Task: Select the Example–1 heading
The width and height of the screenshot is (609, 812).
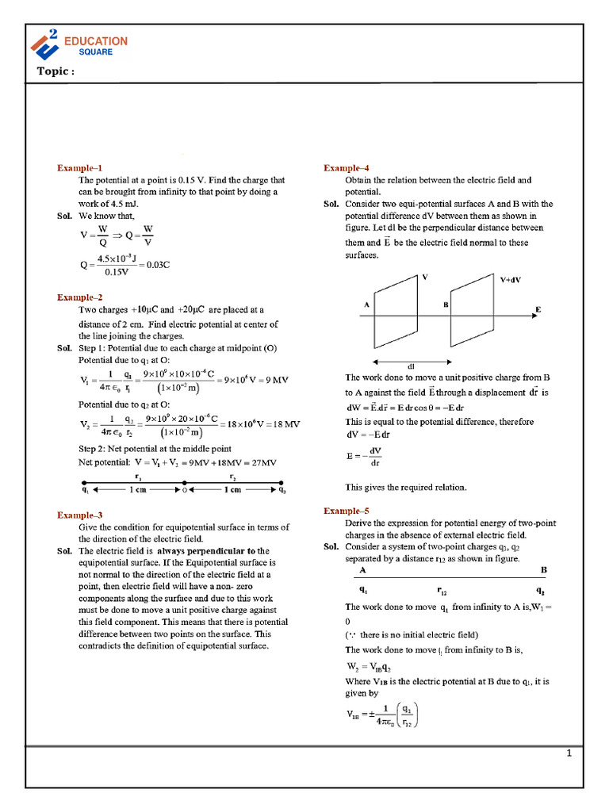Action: coord(79,168)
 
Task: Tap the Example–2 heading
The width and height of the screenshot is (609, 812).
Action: coord(79,297)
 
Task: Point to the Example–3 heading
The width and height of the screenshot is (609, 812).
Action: coord(79,515)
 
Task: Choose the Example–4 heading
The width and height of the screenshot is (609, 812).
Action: coord(347,168)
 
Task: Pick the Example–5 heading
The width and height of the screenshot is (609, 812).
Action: coord(347,511)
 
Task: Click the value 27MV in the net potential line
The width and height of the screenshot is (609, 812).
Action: coord(261,462)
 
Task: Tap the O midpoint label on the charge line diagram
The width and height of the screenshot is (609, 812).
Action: coord(184,490)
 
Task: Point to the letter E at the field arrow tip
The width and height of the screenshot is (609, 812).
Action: coord(538,309)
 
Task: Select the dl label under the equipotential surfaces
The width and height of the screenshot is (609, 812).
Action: coord(411,366)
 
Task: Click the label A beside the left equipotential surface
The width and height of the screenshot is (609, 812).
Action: coord(366,304)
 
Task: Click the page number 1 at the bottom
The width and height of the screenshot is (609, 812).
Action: coord(569,753)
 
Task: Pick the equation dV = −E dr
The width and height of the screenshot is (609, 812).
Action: coord(368,435)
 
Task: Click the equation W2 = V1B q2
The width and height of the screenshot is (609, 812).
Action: coord(370,666)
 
